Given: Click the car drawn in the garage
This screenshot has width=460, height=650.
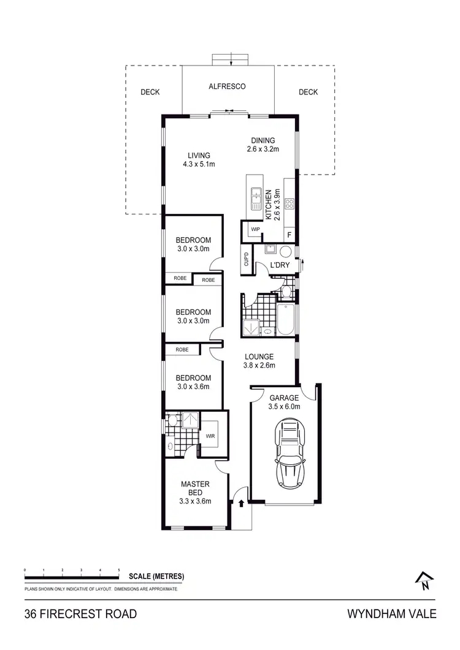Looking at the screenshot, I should click(x=289, y=452).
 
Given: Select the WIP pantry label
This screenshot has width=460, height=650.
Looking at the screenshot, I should click(x=255, y=230).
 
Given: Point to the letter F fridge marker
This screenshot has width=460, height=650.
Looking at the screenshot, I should click(x=289, y=235).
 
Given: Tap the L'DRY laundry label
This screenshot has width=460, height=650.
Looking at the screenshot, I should click(x=280, y=265).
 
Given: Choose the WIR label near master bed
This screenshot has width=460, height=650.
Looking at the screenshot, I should click(x=210, y=437).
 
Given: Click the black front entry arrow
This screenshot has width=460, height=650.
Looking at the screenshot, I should click(x=241, y=504).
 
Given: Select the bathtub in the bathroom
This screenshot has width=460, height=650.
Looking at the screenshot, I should click(x=286, y=319).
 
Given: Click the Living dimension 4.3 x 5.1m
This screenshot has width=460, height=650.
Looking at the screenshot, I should click(x=199, y=164).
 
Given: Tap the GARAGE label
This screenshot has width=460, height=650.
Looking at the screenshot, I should click(x=284, y=398).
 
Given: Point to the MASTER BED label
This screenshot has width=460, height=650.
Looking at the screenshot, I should click(x=195, y=488).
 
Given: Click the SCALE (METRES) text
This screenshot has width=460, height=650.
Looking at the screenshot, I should click(x=156, y=576).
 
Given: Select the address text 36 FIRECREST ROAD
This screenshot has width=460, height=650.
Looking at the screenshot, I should click(x=80, y=614).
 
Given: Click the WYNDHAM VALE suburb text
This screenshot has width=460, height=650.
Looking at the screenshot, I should click(x=392, y=614).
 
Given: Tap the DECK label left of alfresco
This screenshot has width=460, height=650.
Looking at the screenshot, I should click(x=150, y=93).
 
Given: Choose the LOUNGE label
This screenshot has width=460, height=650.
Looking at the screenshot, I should click(x=259, y=357).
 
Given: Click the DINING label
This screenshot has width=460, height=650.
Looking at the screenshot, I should click(x=263, y=140).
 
